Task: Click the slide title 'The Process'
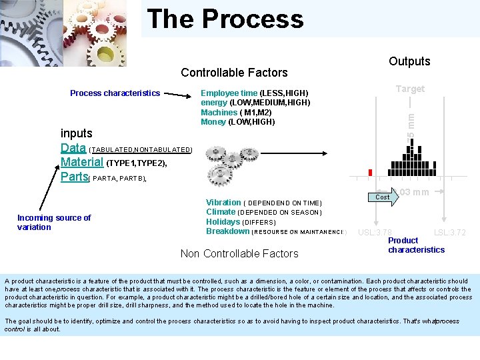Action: pyautogui.click(x=225, y=19)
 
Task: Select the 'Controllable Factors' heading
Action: pyautogui.click(x=234, y=72)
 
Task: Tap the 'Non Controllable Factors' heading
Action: pyautogui.click(x=239, y=253)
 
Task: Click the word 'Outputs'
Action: pyautogui.click(x=409, y=61)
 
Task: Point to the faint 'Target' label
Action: pyautogui.click(x=409, y=89)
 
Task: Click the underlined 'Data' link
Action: pyautogui.click(x=73, y=148)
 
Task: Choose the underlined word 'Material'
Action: pyautogui.click(x=82, y=162)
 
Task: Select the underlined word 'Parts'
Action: pyautogui.click(x=74, y=177)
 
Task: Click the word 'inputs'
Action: pyautogui.click(x=77, y=133)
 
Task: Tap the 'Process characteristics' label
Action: pyautogui.click(x=115, y=93)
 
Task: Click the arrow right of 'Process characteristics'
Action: pyautogui.click(x=179, y=95)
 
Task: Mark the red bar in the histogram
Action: pyautogui.click(x=371, y=172)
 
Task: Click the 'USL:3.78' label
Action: pyautogui.click(x=375, y=233)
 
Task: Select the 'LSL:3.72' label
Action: pyautogui.click(x=450, y=233)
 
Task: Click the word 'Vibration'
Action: pyautogui.click(x=223, y=203)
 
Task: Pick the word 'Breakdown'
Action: pyautogui.click(x=227, y=231)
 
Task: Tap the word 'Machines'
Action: pyautogui.click(x=219, y=112)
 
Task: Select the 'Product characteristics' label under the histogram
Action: pyautogui.click(x=416, y=245)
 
